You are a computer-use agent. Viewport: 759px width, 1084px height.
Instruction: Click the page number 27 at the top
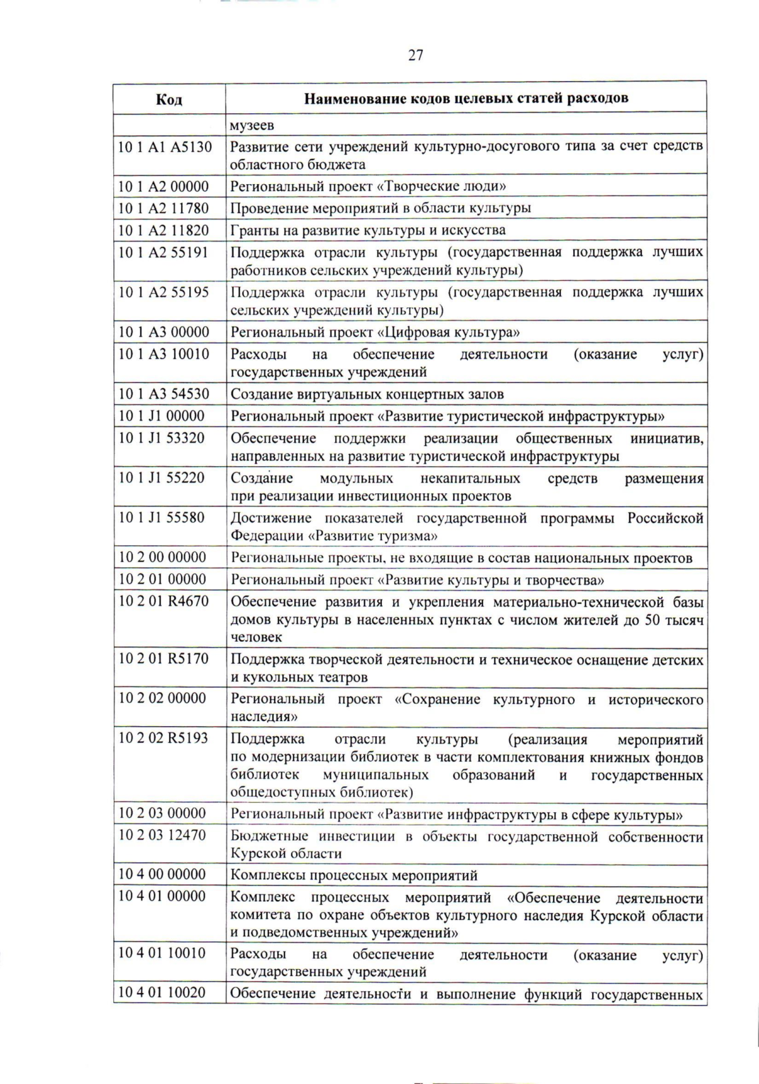(x=416, y=56)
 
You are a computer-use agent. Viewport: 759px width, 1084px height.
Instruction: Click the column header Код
(x=169, y=99)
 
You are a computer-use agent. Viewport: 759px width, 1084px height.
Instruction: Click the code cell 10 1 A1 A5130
(x=165, y=147)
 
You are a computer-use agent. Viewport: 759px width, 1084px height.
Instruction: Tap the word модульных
(x=356, y=479)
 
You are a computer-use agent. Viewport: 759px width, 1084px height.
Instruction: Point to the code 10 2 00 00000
(x=162, y=557)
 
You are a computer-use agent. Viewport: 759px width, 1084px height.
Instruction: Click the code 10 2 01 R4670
(x=163, y=600)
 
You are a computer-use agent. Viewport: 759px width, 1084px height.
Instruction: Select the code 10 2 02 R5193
(x=163, y=738)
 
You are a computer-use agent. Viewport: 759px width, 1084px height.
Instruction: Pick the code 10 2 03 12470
(x=162, y=835)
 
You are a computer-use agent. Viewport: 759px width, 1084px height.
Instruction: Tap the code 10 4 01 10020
(x=162, y=992)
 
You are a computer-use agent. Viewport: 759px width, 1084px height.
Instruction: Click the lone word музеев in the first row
(x=252, y=125)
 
